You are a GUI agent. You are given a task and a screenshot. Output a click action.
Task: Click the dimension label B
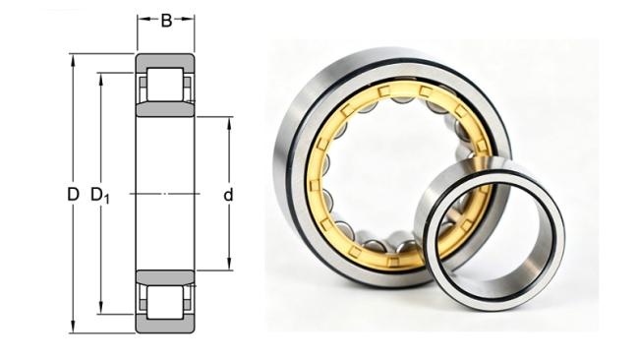click(166, 21)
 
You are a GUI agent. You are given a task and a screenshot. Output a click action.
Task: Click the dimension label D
click(73, 195)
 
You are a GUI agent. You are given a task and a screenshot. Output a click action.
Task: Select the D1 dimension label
click(100, 196)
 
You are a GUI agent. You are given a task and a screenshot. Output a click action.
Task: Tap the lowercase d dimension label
click(228, 196)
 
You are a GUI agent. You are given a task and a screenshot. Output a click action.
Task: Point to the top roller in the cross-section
click(165, 85)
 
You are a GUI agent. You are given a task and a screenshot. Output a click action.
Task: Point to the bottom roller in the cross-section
click(165, 302)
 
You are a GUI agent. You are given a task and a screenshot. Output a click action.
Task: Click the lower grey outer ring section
click(165, 326)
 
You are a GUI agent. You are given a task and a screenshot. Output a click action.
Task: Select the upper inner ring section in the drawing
click(165, 109)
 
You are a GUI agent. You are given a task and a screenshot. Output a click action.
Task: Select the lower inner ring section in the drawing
click(165, 277)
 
